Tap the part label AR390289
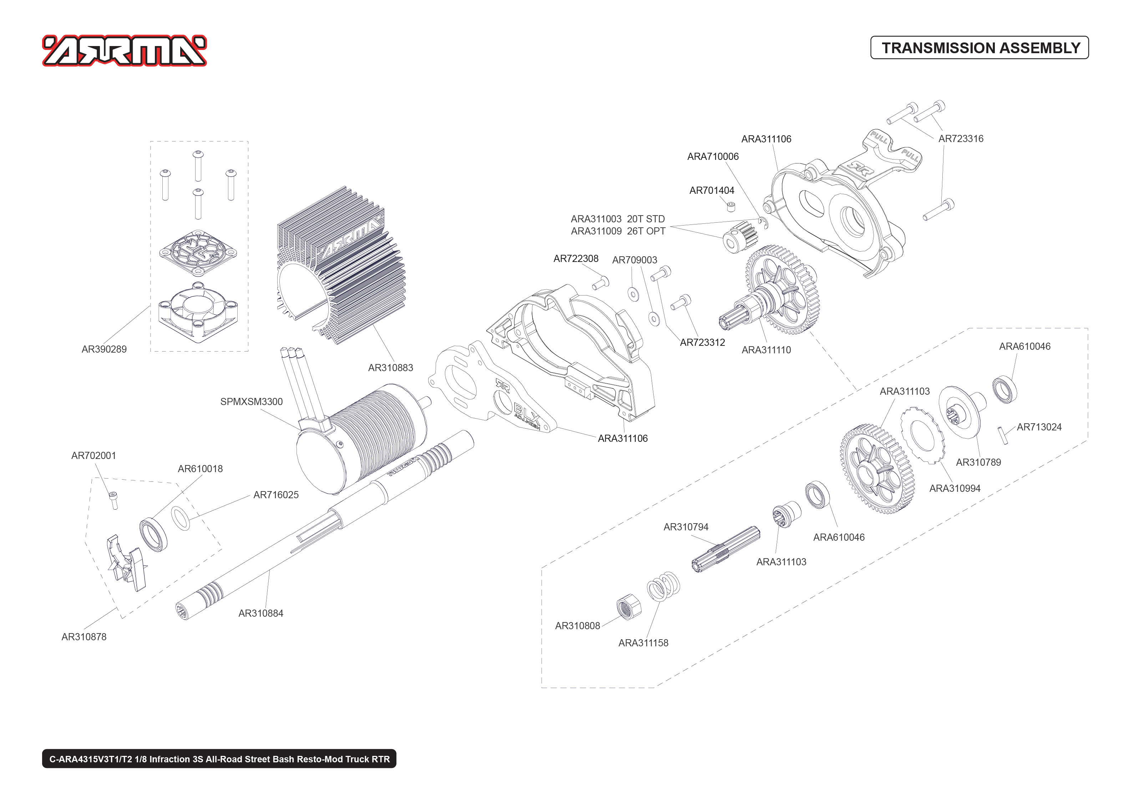(x=104, y=349)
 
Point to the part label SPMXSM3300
(x=251, y=401)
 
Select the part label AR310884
(x=260, y=613)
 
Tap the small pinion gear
(x=740, y=238)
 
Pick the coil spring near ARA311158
(x=663, y=586)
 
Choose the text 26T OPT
(x=645, y=231)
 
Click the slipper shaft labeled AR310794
(x=725, y=549)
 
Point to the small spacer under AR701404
(x=731, y=206)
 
